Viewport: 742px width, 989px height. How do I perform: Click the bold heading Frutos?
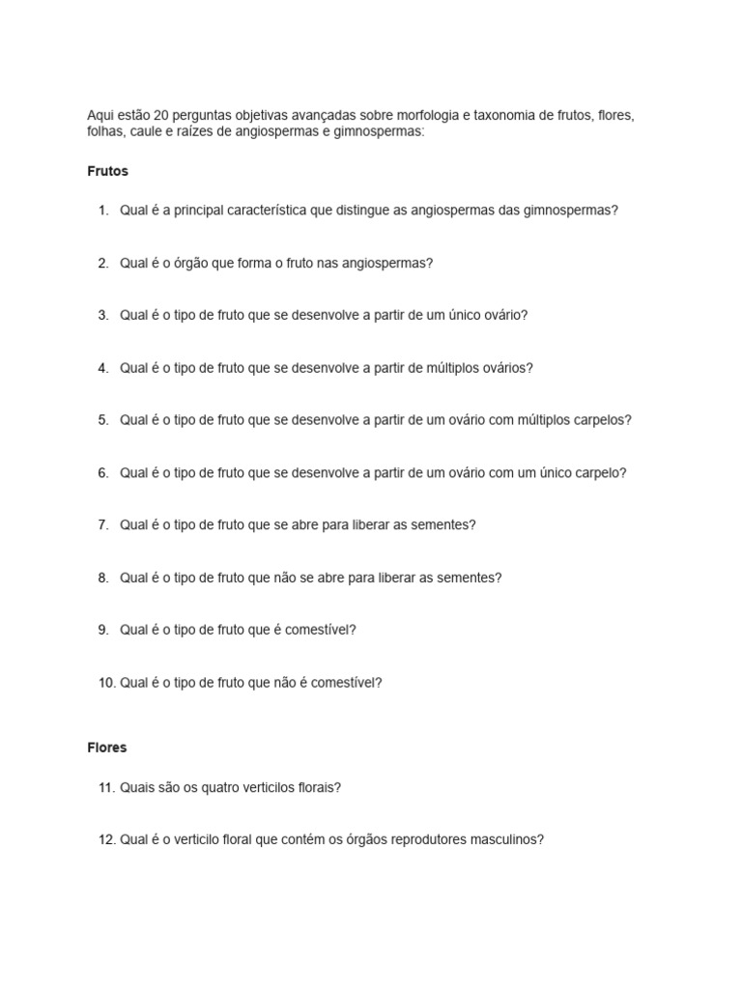coord(107,171)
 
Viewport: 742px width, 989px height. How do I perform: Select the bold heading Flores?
coord(106,748)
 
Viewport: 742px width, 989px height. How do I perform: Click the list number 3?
coord(102,315)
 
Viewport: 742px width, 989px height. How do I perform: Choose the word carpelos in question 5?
coord(600,420)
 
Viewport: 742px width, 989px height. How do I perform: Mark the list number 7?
coord(102,525)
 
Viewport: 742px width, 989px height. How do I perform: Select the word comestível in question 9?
coord(322,630)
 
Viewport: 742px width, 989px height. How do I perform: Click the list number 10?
coord(105,683)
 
